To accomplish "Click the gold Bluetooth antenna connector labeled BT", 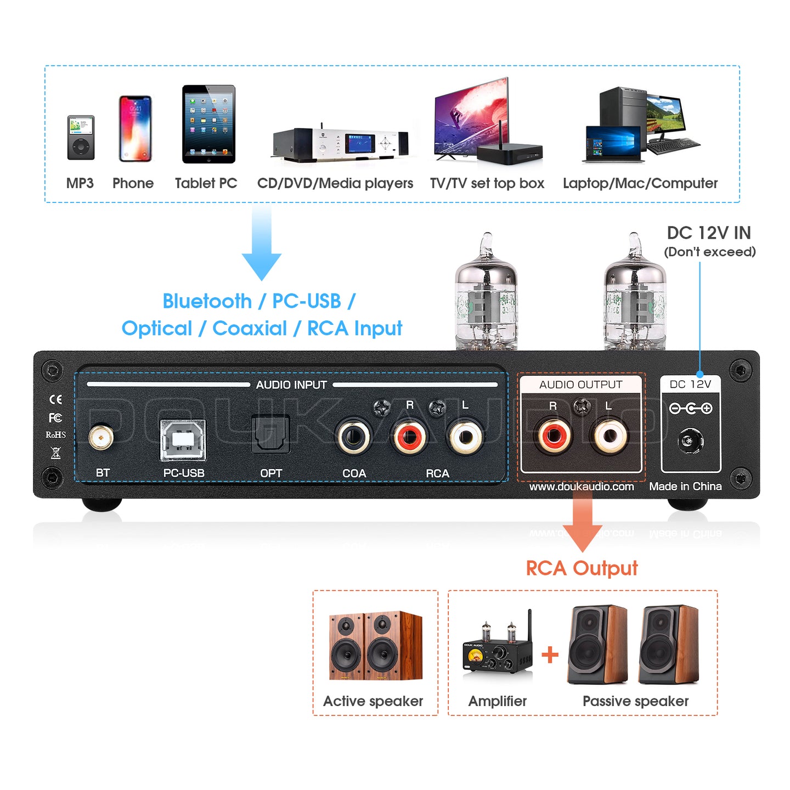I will (101, 438).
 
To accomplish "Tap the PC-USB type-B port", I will (183, 439).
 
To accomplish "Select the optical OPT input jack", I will (270, 435).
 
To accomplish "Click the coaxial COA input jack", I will (354, 437).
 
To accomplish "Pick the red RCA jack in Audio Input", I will (409, 437).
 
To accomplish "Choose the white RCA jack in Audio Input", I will (465, 437).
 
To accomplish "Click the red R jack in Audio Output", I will (553, 437).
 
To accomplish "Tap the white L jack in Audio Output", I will (608, 437).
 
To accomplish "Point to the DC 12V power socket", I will (691, 441).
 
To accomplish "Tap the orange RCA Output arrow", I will (582, 521).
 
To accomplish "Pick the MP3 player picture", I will (81, 138).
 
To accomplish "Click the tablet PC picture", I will (208, 124).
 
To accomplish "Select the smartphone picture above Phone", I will (135, 129).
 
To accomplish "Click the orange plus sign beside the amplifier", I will (550, 654).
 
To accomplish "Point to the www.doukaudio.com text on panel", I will (582, 487).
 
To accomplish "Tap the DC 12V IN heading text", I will (708, 233).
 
